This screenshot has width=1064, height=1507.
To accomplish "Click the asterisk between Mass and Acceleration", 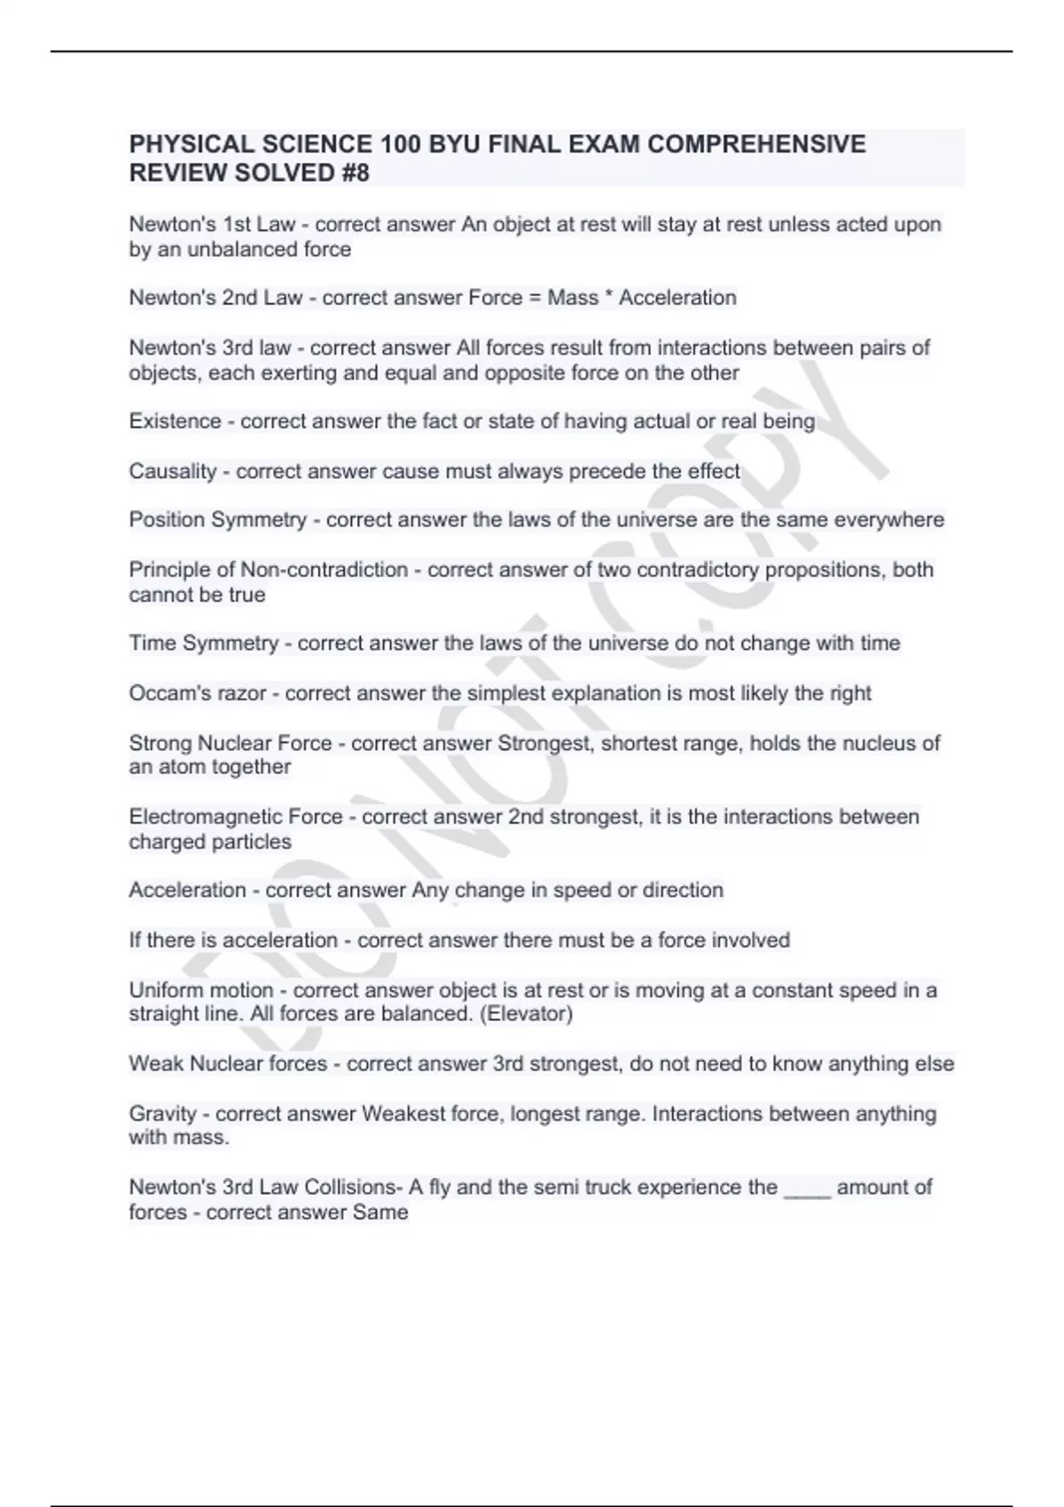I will click(x=608, y=296).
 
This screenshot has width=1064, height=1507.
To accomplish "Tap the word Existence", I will click(x=175, y=421).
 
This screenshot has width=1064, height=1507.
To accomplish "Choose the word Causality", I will click(x=173, y=472).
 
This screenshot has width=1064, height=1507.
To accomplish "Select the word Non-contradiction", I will click(x=324, y=569).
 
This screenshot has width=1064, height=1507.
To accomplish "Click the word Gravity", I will click(x=162, y=1114).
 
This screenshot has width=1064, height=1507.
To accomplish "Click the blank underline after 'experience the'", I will click(x=807, y=1193).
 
